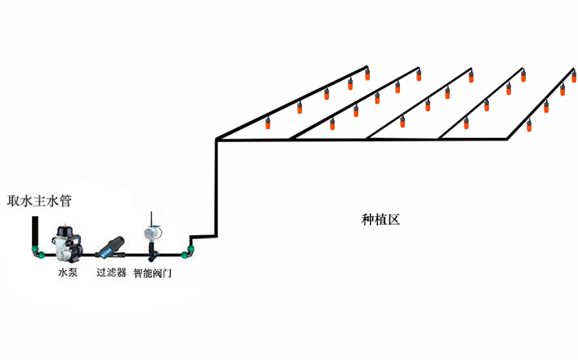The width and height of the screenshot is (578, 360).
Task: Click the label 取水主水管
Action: pyautogui.click(x=39, y=201)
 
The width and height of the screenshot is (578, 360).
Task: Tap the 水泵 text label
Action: pyautogui.click(x=68, y=273)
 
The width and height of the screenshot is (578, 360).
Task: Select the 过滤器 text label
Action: pyautogui.click(x=111, y=273)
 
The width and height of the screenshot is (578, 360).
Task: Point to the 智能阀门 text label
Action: pyautogui.click(x=152, y=273)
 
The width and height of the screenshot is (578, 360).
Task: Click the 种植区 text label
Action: pyautogui.click(x=380, y=220)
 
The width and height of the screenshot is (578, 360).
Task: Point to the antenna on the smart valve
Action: pyautogui.click(x=151, y=220)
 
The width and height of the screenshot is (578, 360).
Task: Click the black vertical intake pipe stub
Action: pyautogui.click(x=35, y=231)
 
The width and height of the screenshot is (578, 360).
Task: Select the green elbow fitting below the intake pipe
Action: pyautogui.click(x=37, y=251)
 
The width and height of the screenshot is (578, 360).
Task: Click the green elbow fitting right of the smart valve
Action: pyautogui.click(x=188, y=252)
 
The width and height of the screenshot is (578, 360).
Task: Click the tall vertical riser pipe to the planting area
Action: pyautogui.click(x=216, y=188)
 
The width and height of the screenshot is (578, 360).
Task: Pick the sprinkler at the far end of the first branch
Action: pyautogui.click(x=367, y=74)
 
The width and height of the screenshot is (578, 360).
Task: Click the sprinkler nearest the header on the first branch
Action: pyautogui.click(x=268, y=123)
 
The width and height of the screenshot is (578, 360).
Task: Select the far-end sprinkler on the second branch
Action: pyautogui.click(x=419, y=75)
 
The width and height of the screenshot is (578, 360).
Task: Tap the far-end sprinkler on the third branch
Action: pyautogui.click(x=471, y=77)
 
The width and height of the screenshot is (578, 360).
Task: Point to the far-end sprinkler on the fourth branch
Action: pyautogui.click(x=523, y=76)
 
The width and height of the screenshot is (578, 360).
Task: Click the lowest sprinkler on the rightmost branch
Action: pyautogui.click(x=529, y=126)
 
